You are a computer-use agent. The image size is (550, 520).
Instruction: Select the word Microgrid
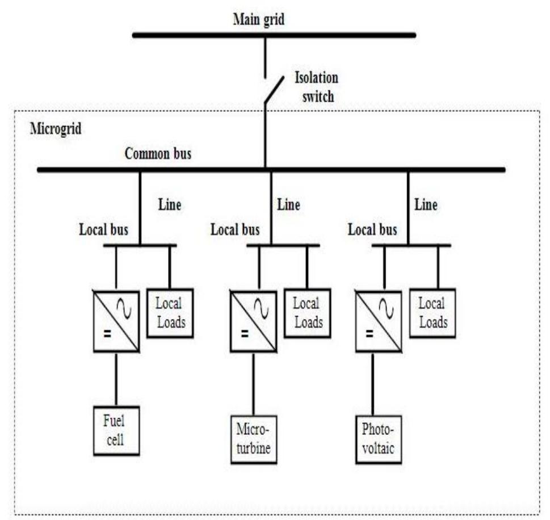click(x=56, y=128)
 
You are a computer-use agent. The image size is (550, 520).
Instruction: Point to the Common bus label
click(x=158, y=153)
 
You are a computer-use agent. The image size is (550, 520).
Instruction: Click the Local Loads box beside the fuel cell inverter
click(x=170, y=313)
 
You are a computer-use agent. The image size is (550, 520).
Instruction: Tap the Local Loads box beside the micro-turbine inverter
click(x=307, y=313)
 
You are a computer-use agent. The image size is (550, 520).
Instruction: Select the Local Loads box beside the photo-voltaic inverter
click(x=432, y=313)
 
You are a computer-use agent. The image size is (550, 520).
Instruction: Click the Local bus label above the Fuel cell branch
click(x=103, y=230)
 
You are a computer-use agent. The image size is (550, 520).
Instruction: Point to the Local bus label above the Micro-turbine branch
click(x=235, y=230)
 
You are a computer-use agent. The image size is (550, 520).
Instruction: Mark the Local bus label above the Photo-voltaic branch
click(x=372, y=230)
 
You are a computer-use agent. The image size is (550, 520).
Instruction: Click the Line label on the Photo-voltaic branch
click(x=426, y=204)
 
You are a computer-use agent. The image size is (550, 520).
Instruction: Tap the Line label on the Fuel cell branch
click(x=169, y=204)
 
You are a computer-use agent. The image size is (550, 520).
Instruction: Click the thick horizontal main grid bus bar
click(x=274, y=35)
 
